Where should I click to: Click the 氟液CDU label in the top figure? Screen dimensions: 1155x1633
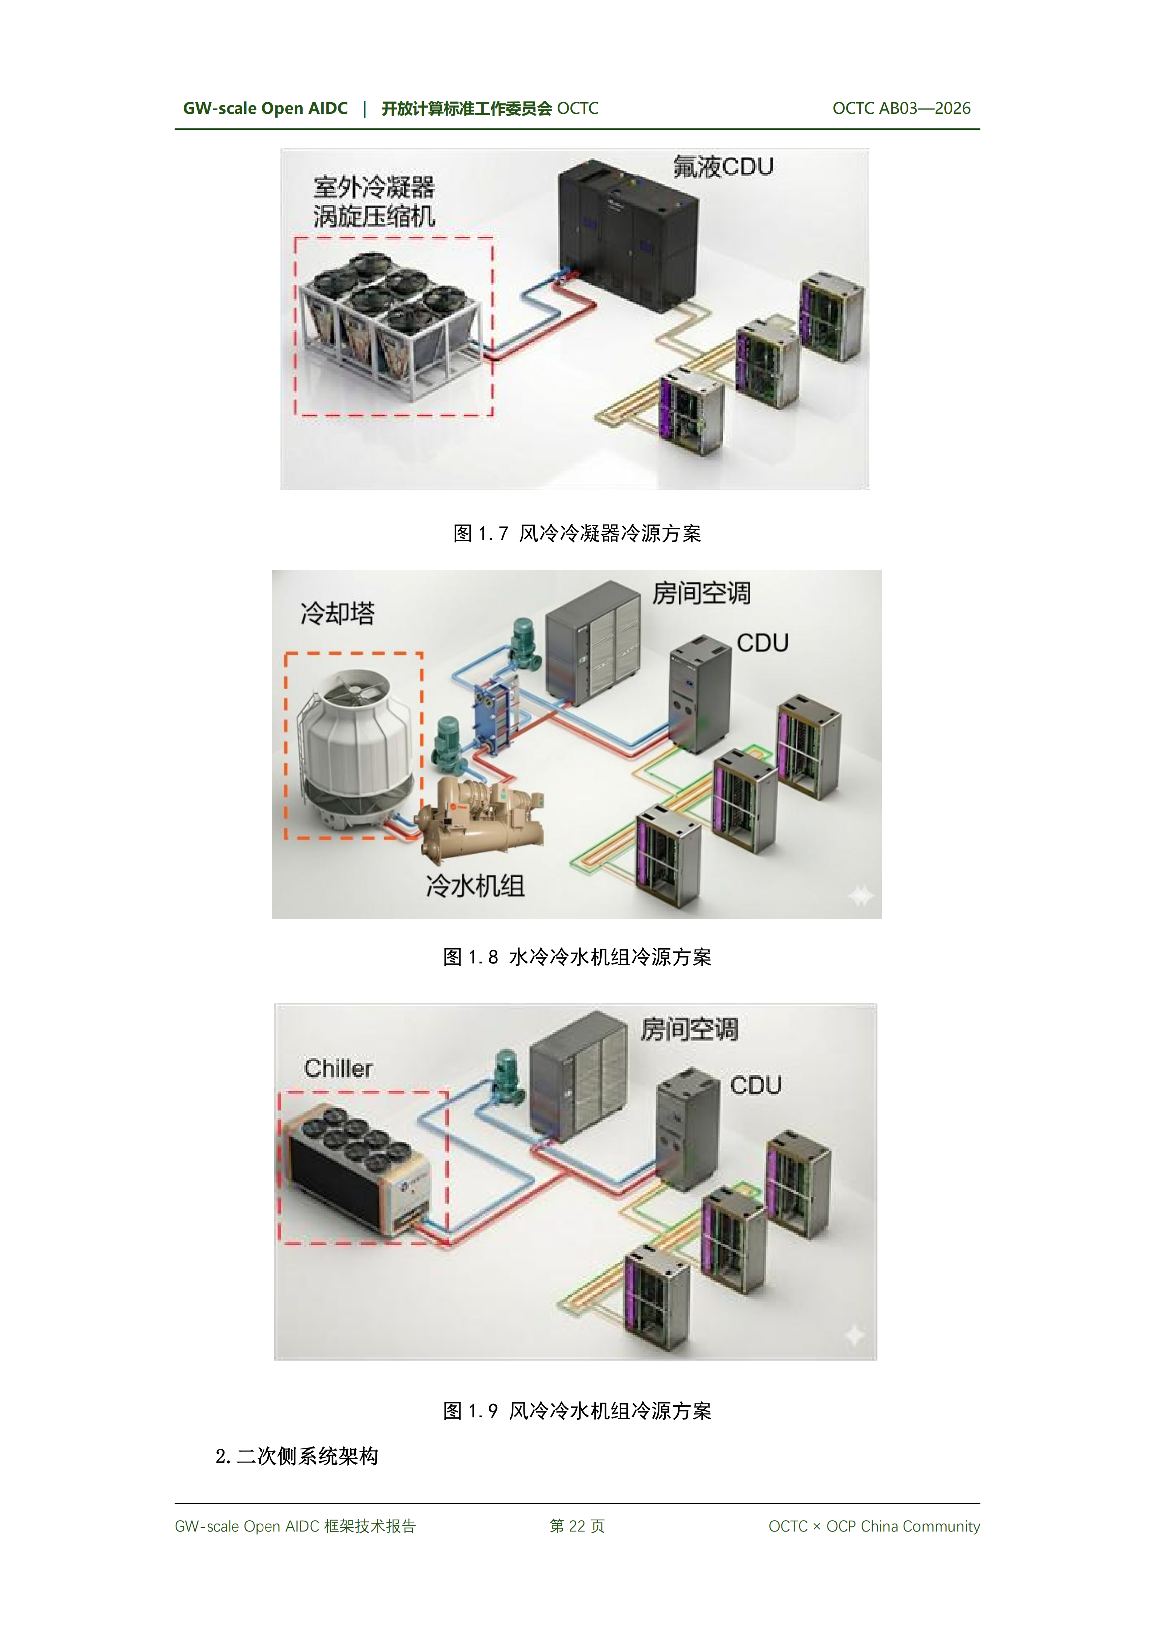coord(722,167)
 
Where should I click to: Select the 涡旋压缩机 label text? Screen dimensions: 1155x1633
coord(374,216)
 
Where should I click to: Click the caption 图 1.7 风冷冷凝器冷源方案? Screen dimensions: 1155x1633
coord(577,534)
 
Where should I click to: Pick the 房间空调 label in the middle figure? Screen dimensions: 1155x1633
coord(701,592)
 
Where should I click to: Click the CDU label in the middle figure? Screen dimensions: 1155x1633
coord(762,643)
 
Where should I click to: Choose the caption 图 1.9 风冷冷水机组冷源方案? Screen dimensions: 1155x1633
coord(577,1411)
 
